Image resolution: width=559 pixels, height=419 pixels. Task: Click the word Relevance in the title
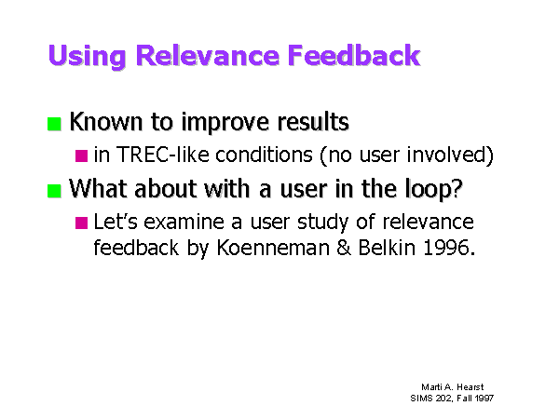coord(208,55)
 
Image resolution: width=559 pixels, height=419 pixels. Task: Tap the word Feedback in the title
coord(354,55)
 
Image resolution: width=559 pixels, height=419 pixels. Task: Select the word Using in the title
coord(87,57)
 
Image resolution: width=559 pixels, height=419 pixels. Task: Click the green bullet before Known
coord(54,124)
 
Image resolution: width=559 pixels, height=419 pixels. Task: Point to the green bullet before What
coord(54,191)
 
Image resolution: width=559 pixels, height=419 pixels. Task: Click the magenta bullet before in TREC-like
coord(81,155)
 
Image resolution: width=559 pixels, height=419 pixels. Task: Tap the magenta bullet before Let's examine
coord(81,223)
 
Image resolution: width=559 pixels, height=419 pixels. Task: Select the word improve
coord(225,123)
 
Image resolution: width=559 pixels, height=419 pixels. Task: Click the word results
coord(313,121)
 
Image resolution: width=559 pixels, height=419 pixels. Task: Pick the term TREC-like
coord(162,155)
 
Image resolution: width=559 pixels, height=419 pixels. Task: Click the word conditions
coord(264,155)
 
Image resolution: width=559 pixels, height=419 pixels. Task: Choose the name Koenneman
coord(273,248)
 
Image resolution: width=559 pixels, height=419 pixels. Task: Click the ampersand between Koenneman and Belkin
coord(344,248)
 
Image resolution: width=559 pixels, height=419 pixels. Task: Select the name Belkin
coord(387,248)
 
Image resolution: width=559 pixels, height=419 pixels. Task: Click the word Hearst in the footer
coord(470,387)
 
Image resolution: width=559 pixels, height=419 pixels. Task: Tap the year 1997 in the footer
coord(484,398)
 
